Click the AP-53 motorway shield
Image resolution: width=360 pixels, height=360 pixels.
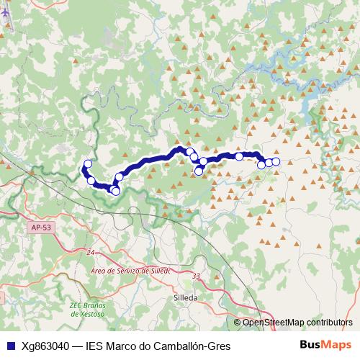pyautogui.click(x=42, y=228)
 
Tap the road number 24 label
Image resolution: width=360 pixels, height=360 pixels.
pyautogui.click(x=91, y=253)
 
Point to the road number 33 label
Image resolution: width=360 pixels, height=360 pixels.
pyautogui.click(x=197, y=276)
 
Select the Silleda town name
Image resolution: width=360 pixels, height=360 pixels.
pyautogui.click(x=186, y=296)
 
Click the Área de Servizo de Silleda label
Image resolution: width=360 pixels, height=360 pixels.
pyautogui.click(x=130, y=271)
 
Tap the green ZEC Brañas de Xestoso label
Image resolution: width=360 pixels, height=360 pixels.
pyautogui.click(x=87, y=310)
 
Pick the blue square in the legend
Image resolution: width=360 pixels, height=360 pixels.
pyautogui.click(x=9, y=346)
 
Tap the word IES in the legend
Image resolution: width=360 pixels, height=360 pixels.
pyautogui.click(x=95, y=346)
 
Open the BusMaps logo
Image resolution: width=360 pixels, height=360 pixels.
pyautogui.click(x=325, y=345)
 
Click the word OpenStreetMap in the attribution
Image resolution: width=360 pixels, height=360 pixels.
pyautogui.click(x=271, y=322)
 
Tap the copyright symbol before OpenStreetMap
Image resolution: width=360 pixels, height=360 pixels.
pyautogui.click(x=238, y=322)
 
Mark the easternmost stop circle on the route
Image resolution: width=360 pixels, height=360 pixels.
pyautogui.click(x=276, y=161)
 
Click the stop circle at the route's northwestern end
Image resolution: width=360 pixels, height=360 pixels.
pyautogui.click(x=89, y=164)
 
